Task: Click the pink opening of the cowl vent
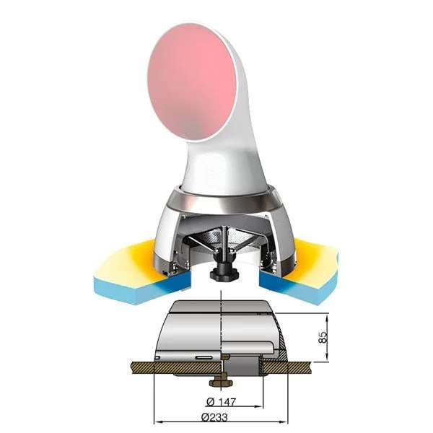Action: click(192, 82)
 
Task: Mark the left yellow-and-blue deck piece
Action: click(141, 272)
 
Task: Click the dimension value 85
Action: click(323, 337)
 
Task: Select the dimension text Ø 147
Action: click(222, 402)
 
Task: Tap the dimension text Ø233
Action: click(214, 416)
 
